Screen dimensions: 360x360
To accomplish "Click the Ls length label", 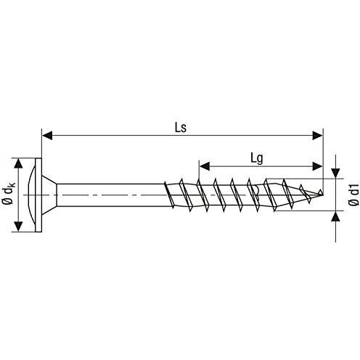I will pyautogui.click(x=181, y=126).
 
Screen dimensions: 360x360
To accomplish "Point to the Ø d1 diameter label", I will pyautogui.click(x=353, y=195).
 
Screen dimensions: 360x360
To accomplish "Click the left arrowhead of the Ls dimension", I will pyautogui.click(x=46, y=134).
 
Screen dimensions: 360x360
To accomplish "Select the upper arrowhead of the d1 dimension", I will pyautogui.click(x=335, y=174).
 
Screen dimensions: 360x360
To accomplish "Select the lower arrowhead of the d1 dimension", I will pyautogui.click(x=335, y=215).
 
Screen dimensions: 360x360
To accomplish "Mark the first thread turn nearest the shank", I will pyautogui.click(x=171, y=195).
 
